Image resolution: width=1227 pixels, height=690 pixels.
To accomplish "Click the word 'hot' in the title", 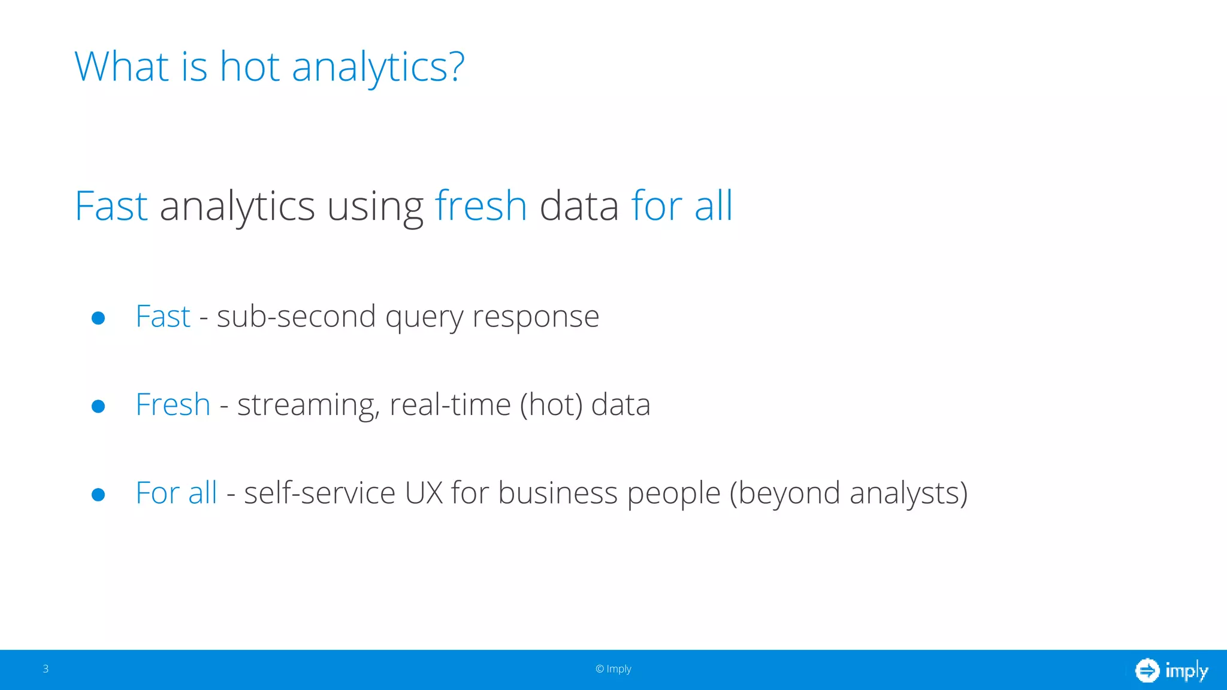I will pyautogui.click(x=249, y=66).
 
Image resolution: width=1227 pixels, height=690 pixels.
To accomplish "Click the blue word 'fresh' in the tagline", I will pyautogui.click(x=480, y=206).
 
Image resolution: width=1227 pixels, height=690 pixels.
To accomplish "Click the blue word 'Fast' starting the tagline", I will pyautogui.click(x=111, y=206).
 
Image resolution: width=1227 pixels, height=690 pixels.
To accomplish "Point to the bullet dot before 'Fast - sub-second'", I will pyautogui.click(x=98, y=318).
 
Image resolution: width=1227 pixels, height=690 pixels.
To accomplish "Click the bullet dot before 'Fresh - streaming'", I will pyautogui.click(x=98, y=407).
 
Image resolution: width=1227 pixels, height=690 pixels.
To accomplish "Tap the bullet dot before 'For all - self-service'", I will pyautogui.click(x=98, y=495).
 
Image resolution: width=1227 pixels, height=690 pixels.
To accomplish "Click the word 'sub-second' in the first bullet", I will pyautogui.click(x=296, y=316).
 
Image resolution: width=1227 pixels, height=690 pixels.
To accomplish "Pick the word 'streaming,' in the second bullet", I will pyautogui.click(x=309, y=405).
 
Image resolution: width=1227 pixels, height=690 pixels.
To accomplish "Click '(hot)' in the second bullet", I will pyautogui.click(x=551, y=405).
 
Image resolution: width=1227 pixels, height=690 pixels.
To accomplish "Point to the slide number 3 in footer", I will pyautogui.click(x=46, y=669).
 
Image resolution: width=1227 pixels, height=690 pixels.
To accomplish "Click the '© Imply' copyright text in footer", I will pyautogui.click(x=613, y=669).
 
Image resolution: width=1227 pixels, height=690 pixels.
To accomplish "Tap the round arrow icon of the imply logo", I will pyautogui.click(x=1147, y=670).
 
